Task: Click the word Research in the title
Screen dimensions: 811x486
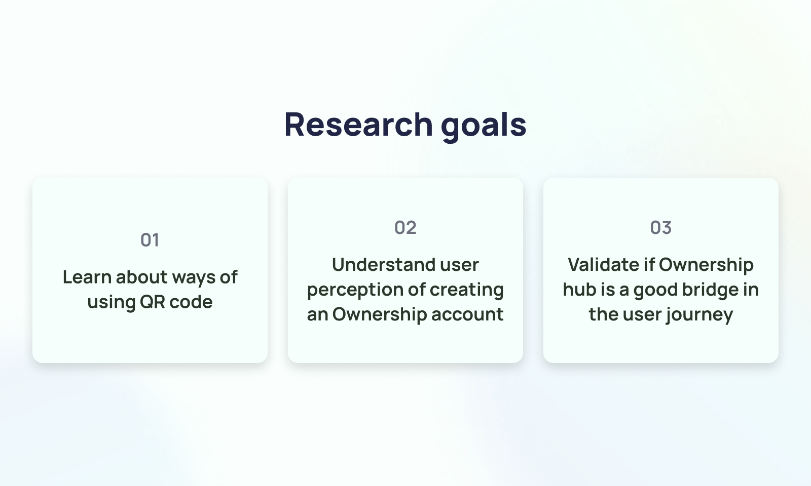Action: coord(359,125)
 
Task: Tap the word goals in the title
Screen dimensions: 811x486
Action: coord(484,127)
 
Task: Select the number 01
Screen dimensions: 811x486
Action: coord(150,240)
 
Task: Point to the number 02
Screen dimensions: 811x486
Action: coord(405,227)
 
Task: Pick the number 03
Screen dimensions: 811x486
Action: coord(661,227)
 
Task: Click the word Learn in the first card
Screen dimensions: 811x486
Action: coord(87,277)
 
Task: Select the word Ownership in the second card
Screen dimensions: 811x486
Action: coord(380,314)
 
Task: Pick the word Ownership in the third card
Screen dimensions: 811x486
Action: coord(707,266)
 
